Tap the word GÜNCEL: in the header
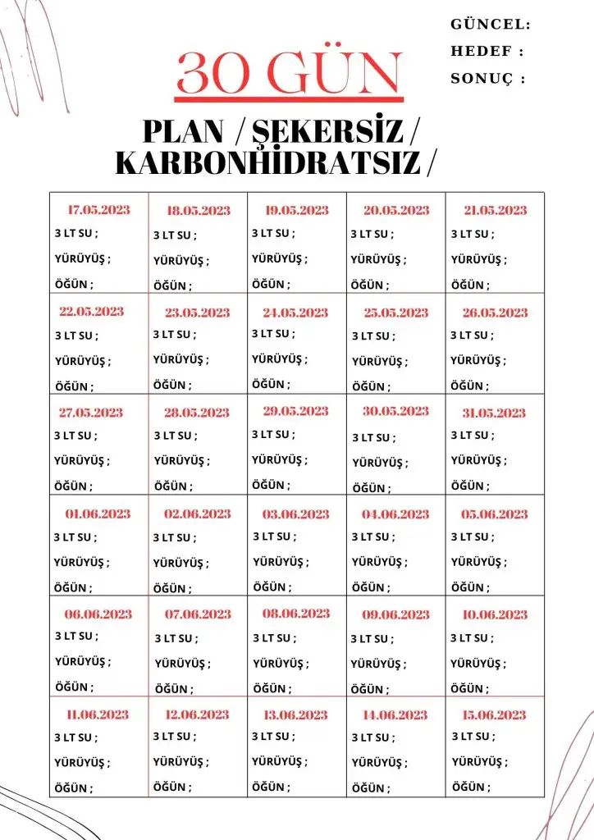[x=491, y=25]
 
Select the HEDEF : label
[x=487, y=52]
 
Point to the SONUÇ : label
[x=487, y=79]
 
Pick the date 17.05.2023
[x=98, y=210]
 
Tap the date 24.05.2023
[x=295, y=313]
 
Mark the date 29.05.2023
[x=295, y=411]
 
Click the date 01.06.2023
[x=98, y=514]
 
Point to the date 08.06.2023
[x=296, y=613]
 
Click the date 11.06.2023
[x=98, y=714]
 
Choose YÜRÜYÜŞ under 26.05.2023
[x=476, y=359]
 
